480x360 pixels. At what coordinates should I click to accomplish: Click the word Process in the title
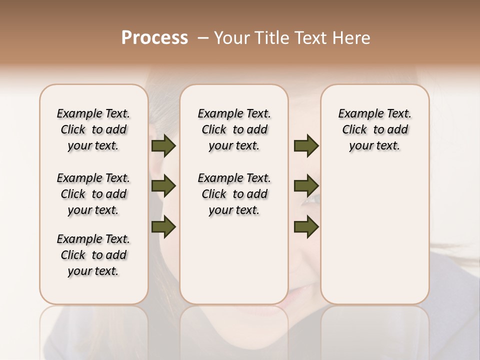[154, 38]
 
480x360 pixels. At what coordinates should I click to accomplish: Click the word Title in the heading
[266, 38]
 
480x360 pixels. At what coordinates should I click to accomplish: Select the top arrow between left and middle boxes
[163, 146]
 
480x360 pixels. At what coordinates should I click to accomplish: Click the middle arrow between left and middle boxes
[163, 186]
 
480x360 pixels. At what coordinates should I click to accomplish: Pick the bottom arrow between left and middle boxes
[163, 226]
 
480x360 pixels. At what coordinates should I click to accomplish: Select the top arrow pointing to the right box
[306, 146]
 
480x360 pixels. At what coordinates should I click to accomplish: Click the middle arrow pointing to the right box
[306, 186]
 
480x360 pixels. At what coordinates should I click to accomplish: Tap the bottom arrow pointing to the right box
[306, 226]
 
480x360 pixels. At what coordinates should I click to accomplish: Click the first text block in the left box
[93, 129]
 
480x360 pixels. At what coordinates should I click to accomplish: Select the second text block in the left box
[93, 194]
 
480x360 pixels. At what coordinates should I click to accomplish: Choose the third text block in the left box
[93, 255]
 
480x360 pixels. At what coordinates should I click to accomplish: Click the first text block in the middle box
[234, 129]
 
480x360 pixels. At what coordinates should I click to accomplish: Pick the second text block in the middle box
[234, 194]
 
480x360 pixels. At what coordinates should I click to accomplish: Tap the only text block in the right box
[374, 129]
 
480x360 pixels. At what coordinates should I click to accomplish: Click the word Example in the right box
[357, 114]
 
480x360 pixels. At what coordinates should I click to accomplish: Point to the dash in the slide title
[203, 38]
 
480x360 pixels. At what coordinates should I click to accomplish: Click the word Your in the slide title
[230, 38]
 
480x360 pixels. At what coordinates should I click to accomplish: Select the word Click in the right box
[354, 130]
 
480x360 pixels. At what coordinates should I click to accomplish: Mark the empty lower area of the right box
[374, 230]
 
